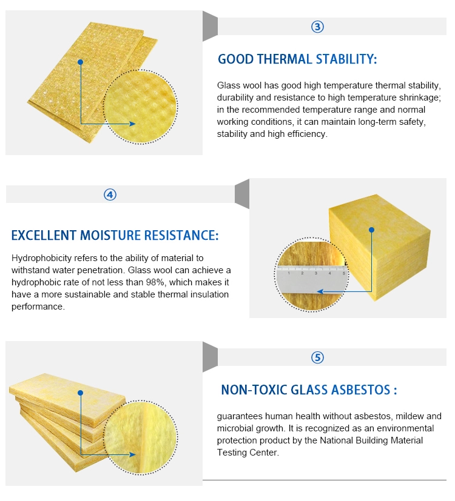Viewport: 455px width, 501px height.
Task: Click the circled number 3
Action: pyautogui.click(x=317, y=27)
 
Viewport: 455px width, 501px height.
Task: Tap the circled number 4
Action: pyautogui.click(x=110, y=194)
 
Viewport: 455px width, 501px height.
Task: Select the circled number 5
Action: pyautogui.click(x=317, y=357)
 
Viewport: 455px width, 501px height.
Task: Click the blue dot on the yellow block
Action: pyautogui.click(x=371, y=230)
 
